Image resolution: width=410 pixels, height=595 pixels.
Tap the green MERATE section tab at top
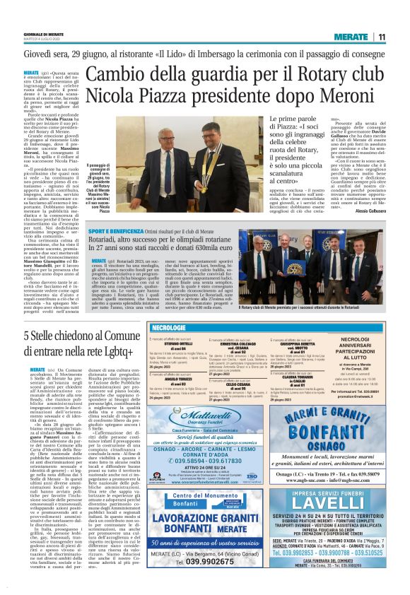click(351, 37)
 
